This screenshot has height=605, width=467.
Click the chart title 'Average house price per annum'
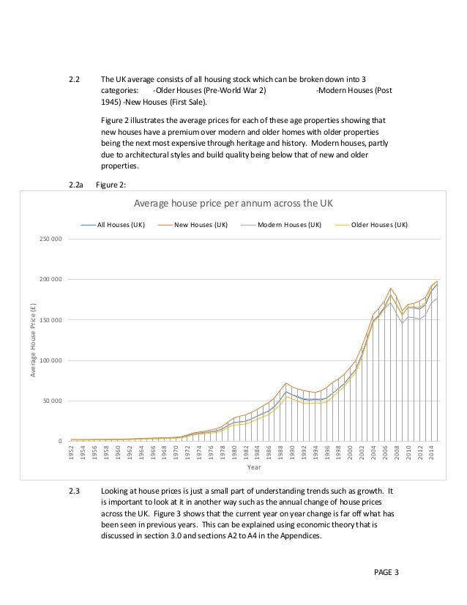(x=231, y=203)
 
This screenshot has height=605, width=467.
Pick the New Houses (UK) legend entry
(x=200, y=225)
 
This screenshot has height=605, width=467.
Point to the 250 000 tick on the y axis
(x=52, y=240)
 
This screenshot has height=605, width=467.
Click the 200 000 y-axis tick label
(x=52, y=280)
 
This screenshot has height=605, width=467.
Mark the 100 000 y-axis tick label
(x=52, y=360)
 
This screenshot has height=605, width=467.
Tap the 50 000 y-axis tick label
(x=53, y=401)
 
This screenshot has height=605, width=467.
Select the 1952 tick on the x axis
(x=71, y=452)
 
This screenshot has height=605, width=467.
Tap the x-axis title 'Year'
(x=253, y=467)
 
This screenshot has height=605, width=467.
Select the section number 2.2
(x=73, y=79)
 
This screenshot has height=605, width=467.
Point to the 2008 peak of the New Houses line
(x=392, y=288)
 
